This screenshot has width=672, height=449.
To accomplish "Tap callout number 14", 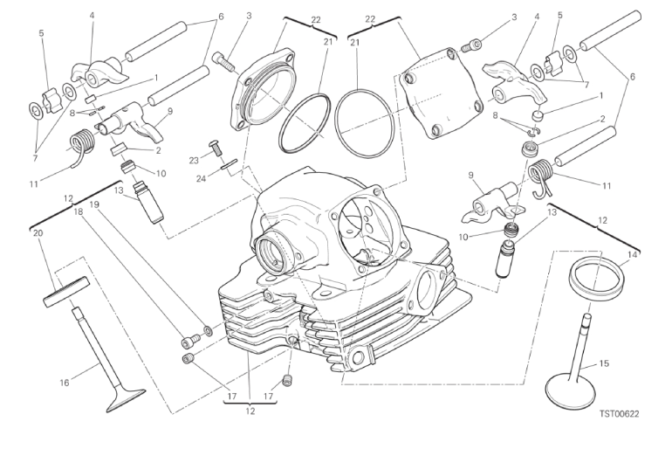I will point(632,254).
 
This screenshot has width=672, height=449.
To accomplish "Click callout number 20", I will point(37,234).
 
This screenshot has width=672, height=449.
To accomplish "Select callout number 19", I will point(95,204).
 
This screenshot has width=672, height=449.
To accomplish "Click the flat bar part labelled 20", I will point(66,291).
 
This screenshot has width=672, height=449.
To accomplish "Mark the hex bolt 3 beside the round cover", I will point(223,61).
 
